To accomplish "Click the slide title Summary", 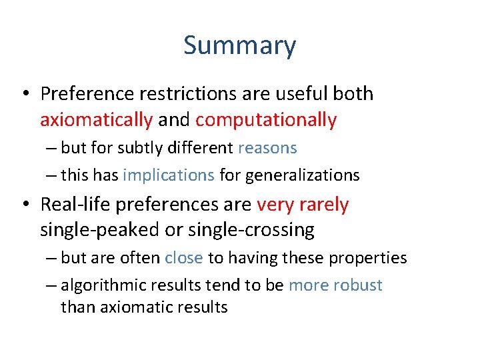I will coord(239,46).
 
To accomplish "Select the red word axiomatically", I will coord(96,120).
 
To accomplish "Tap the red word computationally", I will coord(266,120).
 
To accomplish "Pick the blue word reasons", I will coord(267,148).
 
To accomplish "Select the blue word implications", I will coord(169,175).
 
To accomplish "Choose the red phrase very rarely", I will coord(302,204).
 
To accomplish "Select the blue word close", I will coord(184,258).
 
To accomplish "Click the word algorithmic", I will coord(103,285).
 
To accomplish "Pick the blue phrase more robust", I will coord(335,285).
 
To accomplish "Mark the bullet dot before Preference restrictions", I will coord(25,95).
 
